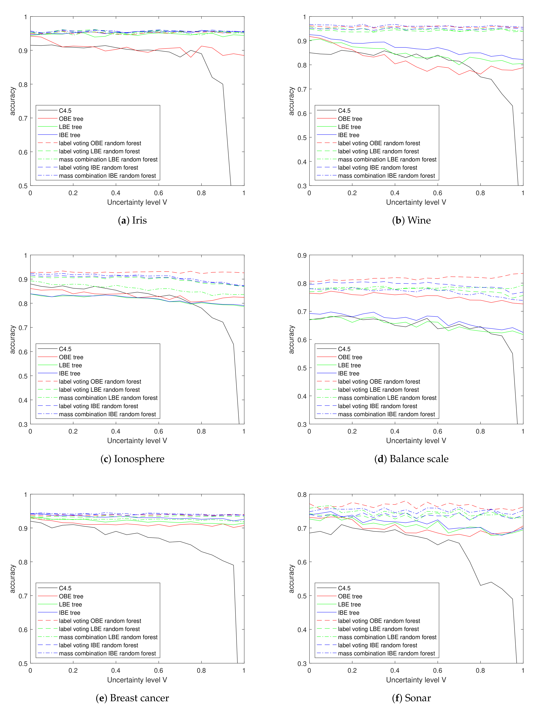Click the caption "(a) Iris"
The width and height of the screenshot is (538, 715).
click(132, 220)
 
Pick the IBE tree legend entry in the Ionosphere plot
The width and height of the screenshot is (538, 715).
click(69, 373)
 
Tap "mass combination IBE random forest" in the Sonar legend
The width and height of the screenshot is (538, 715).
click(386, 653)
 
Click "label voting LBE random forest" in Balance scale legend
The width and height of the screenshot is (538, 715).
click(378, 390)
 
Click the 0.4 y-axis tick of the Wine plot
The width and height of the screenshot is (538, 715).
click(302, 162)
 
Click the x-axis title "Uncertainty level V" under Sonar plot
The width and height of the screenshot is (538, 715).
click(416, 680)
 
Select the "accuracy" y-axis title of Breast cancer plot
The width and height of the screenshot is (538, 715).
click(12, 579)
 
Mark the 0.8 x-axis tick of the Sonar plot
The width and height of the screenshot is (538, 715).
click(480, 670)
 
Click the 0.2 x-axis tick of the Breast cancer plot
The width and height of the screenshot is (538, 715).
click(73, 670)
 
